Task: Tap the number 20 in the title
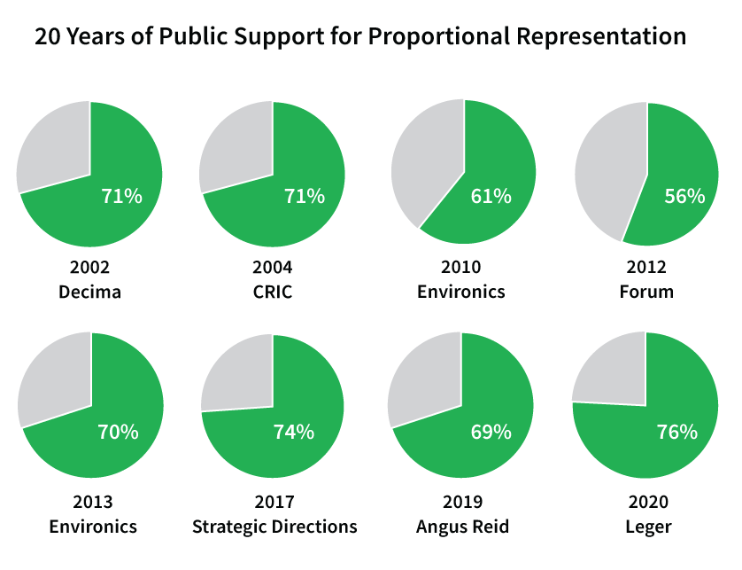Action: pyautogui.click(x=48, y=36)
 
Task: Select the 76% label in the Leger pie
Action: pyautogui.click(x=676, y=433)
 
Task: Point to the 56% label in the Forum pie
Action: pyautogui.click(x=684, y=196)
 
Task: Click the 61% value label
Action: pyautogui.click(x=491, y=196)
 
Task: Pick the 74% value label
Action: pyautogui.click(x=293, y=432)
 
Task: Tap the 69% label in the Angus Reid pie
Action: pyautogui.click(x=491, y=432)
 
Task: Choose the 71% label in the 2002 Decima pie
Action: pyautogui.click(x=121, y=196)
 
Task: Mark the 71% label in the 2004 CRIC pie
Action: pyautogui.click(x=304, y=196)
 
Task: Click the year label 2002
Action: pyautogui.click(x=89, y=267)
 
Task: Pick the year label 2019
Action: pyautogui.click(x=461, y=503)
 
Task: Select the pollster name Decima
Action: pyautogui.click(x=89, y=292)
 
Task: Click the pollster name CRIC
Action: pyautogui.click(x=273, y=292)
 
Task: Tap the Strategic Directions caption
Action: pyautogui.click(x=274, y=527)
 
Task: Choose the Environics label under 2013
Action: pyautogui.click(x=93, y=527)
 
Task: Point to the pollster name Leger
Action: pyautogui.click(x=646, y=527)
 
